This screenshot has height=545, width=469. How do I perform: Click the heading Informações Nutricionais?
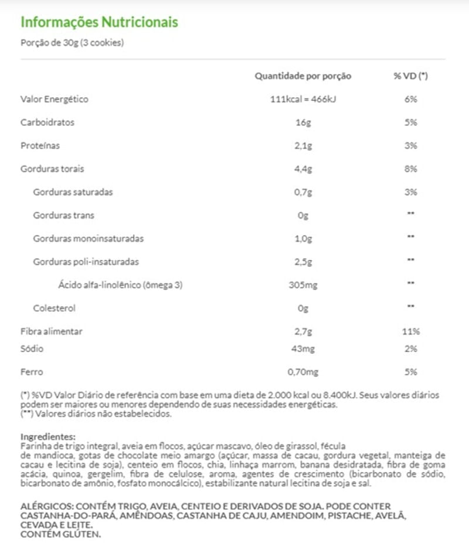tap(99, 22)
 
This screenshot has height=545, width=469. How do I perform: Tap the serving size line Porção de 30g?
tap(72, 43)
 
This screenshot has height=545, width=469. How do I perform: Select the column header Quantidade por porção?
tap(303, 76)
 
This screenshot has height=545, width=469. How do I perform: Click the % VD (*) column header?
tap(410, 76)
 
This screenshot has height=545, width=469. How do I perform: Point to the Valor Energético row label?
tap(55, 100)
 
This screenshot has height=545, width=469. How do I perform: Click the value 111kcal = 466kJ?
tap(303, 100)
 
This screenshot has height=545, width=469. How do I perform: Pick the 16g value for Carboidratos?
tap(303, 123)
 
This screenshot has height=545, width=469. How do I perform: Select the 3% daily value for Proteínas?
tap(410, 146)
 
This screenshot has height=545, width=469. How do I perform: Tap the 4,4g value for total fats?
tap(303, 169)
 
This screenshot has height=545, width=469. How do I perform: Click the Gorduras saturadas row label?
tap(73, 192)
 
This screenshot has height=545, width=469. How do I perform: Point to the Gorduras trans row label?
tap(63, 215)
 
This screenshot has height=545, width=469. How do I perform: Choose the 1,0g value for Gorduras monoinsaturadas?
tap(303, 238)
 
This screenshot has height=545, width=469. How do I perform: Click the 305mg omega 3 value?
tap(303, 285)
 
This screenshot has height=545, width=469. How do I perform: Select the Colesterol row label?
tap(55, 308)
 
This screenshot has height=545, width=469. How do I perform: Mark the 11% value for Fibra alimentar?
tap(411, 331)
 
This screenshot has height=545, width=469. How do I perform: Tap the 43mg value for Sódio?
tap(303, 349)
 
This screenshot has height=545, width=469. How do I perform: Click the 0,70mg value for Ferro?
tap(303, 372)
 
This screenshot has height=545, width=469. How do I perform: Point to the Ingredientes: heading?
tap(48, 437)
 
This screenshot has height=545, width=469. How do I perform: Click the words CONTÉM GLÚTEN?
tap(61, 534)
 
